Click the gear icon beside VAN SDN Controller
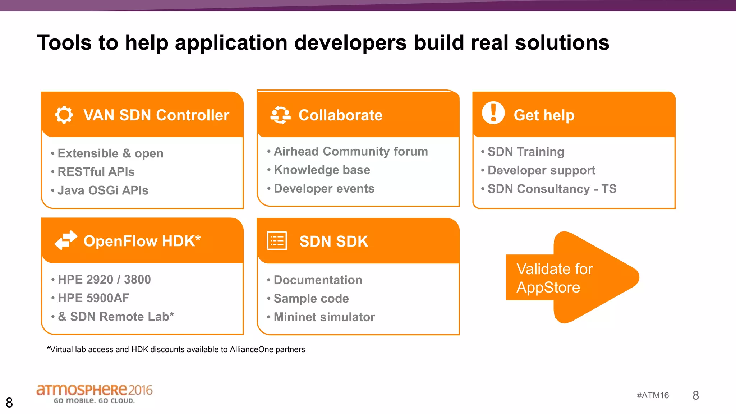point(64,115)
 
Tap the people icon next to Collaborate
point(280,115)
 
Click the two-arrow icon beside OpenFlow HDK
point(66,240)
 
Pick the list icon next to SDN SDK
point(277,241)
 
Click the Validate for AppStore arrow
point(571,277)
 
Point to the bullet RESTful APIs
point(96,172)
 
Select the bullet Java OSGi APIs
point(103,190)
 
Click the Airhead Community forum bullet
point(350,151)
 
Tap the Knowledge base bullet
point(322,170)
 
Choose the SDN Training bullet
point(525,152)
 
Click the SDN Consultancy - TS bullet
point(552,189)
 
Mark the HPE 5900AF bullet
point(93,298)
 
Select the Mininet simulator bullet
point(324,317)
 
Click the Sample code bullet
point(311,298)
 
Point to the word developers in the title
point(350,43)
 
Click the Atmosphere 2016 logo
point(94,393)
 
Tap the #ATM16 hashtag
point(653,395)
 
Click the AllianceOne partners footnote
point(176,349)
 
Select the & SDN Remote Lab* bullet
point(116,317)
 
